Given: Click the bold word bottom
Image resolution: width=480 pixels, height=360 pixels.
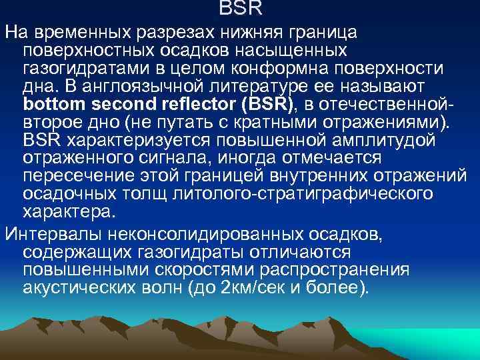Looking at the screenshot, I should [54, 105].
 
